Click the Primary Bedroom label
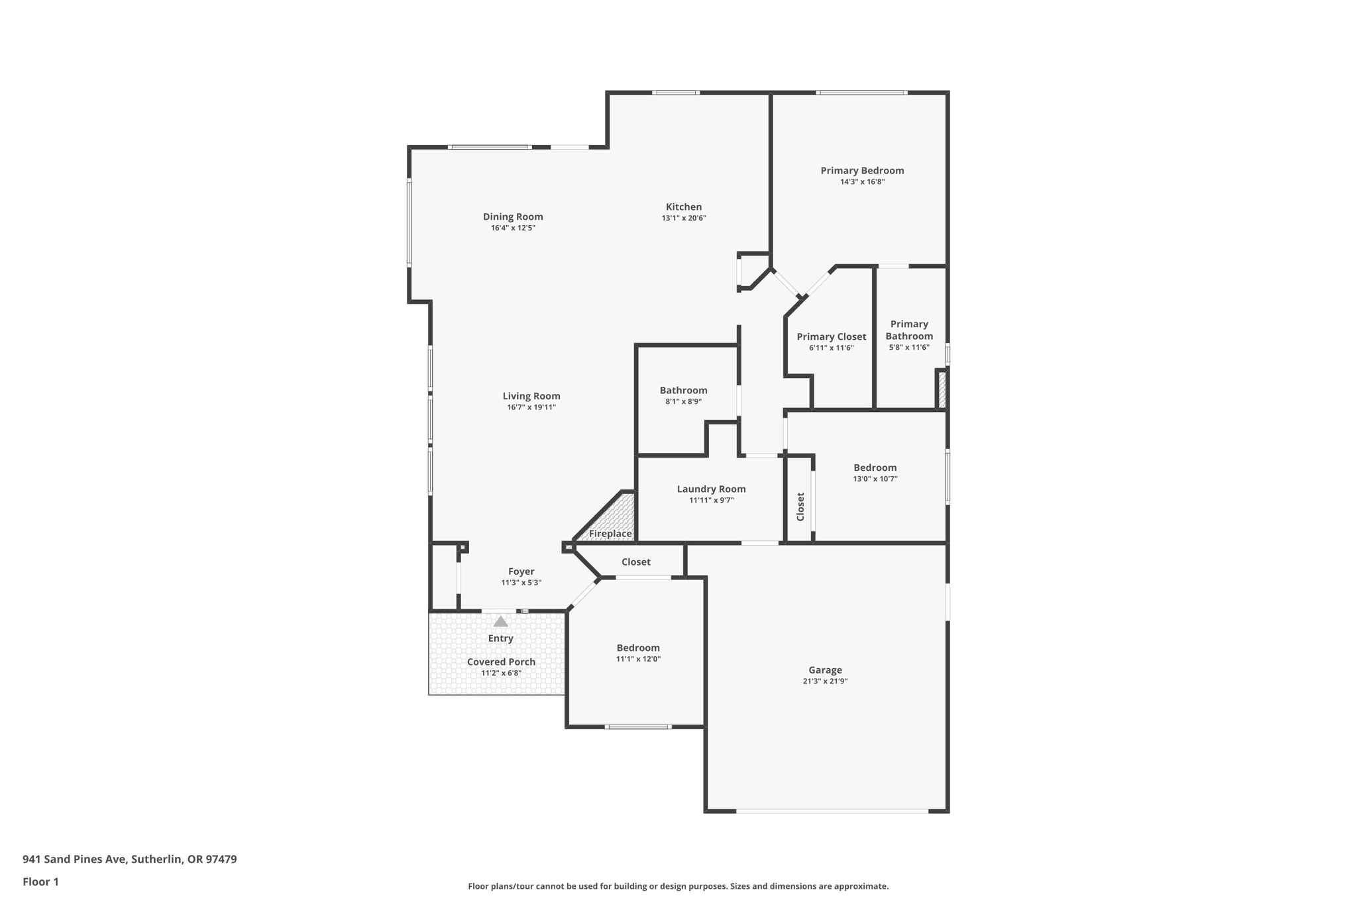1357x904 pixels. (x=862, y=170)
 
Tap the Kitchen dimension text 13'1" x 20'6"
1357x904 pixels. (x=684, y=218)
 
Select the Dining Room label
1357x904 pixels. (x=513, y=217)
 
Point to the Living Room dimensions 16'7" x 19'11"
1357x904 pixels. (x=531, y=407)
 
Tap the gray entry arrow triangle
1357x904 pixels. (x=501, y=622)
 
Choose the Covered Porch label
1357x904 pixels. (x=501, y=662)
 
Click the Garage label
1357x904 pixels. (x=825, y=670)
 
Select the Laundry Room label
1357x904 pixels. (x=711, y=489)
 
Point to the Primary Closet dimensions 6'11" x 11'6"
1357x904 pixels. (x=832, y=348)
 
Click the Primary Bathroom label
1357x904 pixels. (x=909, y=330)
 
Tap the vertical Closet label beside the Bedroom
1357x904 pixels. (x=800, y=507)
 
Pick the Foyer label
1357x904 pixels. (x=521, y=572)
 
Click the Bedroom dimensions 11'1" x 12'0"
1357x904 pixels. (x=638, y=659)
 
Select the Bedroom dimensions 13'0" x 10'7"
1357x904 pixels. (x=875, y=479)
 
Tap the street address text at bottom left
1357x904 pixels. (x=130, y=860)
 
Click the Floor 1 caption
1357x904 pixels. (x=40, y=881)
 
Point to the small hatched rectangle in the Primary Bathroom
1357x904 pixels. (x=942, y=390)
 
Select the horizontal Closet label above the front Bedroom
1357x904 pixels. (x=636, y=562)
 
